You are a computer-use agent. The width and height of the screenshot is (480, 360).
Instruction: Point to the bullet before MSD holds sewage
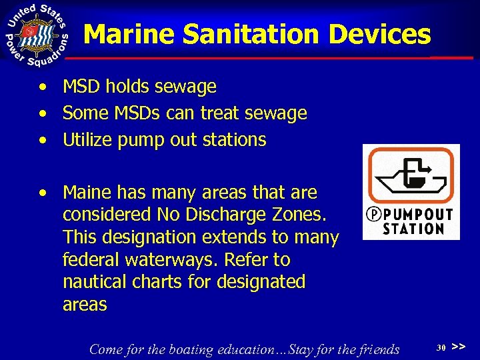tap(43, 87)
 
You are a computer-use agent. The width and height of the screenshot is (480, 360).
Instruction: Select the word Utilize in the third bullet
tap(87, 140)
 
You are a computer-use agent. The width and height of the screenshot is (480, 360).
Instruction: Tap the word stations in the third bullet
tap(239, 140)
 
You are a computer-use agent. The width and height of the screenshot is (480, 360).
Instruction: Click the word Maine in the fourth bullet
tap(85, 193)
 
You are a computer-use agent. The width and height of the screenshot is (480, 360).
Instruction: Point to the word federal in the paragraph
tap(86, 260)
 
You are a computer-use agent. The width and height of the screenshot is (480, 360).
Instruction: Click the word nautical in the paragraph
tap(89, 282)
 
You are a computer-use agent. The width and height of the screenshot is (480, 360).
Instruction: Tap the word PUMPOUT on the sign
tap(418, 215)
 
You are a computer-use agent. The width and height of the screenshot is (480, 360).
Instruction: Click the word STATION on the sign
tap(414, 229)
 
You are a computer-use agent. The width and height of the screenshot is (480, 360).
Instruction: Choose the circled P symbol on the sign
tap(375, 215)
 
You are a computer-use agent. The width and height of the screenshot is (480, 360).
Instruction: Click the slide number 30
tap(441, 347)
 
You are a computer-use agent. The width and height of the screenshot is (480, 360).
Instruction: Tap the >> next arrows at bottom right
tap(458, 347)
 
